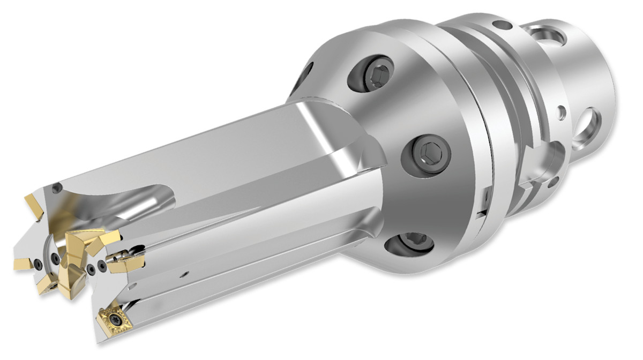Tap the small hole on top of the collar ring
click(501, 25)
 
